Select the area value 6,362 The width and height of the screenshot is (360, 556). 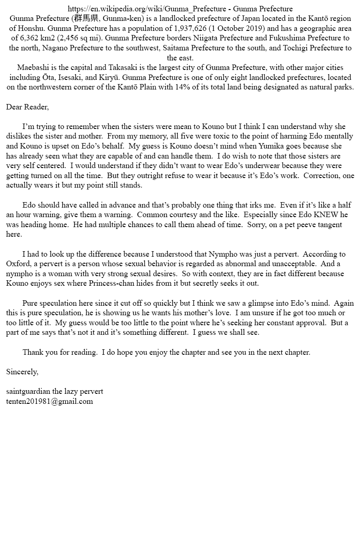pyautogui.click(x=29, y=38)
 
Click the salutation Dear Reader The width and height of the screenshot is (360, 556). pyautogui.click(x=27, y=107)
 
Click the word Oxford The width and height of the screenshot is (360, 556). pyautogui.click(x=18, y=264)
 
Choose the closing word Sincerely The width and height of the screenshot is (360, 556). pyautogui.click(x=22, y=372)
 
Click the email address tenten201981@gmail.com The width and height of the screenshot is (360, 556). pyautogui.click(x=50, y=401)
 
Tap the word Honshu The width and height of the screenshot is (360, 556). pyautogui.click(x=32, y=29)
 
